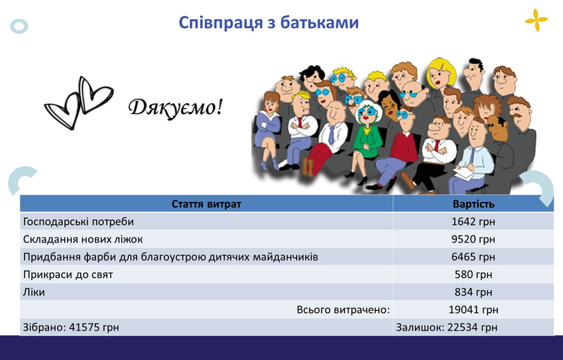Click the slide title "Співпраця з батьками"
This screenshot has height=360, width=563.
click(x=269, y=23)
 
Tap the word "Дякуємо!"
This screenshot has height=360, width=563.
click(x=175, y=107)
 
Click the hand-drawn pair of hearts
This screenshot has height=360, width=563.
click(x=79, y=102)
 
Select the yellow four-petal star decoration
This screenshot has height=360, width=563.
click(x=536, y=20)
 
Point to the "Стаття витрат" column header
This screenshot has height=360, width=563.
click(x=206, y=204)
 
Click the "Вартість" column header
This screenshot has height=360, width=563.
click(x=473, y=204)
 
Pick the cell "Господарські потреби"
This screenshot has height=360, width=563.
click(x=78, y=221)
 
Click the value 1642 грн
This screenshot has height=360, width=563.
click(x=473, y=221)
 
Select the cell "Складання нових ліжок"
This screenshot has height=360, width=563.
click(x=83, y=239)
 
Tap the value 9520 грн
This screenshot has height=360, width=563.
click(x=473, y=239)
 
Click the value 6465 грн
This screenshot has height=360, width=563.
click(x=473, y=257)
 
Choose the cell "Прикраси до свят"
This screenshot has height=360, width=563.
click(x=68, y=275)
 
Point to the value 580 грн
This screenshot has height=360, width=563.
click(x=473, y=274)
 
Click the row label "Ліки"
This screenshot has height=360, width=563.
click(x=34, y=292)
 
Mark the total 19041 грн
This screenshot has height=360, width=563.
click(x=473, y=309)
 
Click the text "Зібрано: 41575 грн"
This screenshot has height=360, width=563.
click(x=71, y=328)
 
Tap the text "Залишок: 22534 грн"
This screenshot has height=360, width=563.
click(x=447, y=328)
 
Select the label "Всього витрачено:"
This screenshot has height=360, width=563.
click(x=343, y=309)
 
